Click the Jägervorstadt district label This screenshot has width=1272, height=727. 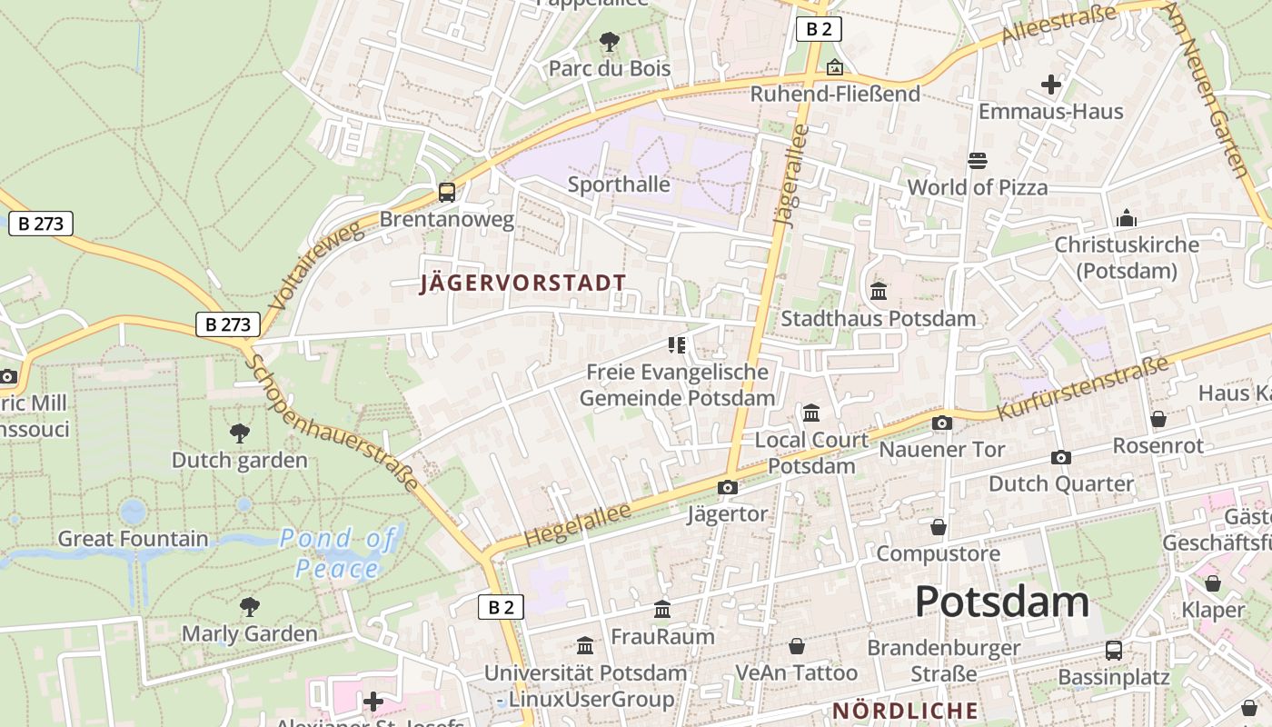522,283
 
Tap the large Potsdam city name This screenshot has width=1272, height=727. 1001,602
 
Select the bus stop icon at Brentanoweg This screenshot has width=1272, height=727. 446,192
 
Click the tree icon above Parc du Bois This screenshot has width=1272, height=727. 610,41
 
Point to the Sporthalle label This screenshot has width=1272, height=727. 619,184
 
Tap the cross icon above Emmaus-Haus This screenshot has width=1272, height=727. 1051,85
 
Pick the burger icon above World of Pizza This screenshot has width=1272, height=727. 978,161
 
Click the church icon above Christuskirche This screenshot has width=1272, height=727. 1127,218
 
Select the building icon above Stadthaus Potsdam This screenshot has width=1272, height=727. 879,292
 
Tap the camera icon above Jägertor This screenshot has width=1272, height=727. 727,488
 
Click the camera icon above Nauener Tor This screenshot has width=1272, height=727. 942,423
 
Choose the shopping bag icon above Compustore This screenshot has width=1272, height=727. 939,527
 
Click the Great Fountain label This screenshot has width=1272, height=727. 133,539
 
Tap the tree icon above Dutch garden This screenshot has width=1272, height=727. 240,433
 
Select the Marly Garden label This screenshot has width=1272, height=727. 250,633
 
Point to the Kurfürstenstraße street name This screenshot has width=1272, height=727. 1082,388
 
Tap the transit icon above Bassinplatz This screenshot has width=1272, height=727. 1113,651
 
